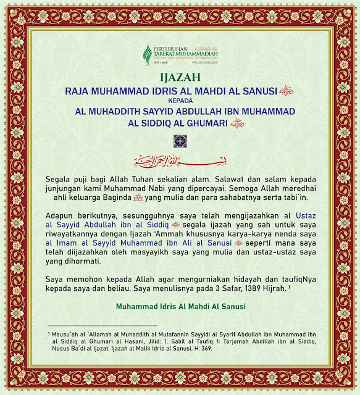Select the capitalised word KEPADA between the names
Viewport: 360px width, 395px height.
coord(180,102)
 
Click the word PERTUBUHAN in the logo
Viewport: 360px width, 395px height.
coord(170,47)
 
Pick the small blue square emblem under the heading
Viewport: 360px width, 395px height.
coord(180,140)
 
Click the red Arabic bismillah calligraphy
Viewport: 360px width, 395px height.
coord(180,163)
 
